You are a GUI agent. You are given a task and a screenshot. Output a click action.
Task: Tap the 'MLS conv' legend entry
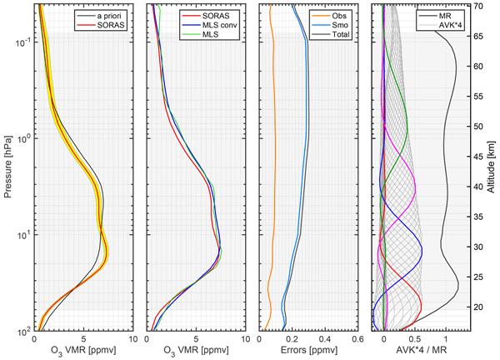click(x=223, y=25)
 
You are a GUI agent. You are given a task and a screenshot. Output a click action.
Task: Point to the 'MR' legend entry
click(x=452, y=15)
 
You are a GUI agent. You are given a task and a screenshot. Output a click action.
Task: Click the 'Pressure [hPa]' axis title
click(x=7, y=167)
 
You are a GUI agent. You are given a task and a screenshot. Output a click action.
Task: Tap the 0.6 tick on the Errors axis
click(x=357, y=340)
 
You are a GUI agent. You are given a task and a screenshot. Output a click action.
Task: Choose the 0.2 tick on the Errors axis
click(x=292, y=340)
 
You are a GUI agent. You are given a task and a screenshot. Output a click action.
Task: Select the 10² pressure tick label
click(x=22, y=331)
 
